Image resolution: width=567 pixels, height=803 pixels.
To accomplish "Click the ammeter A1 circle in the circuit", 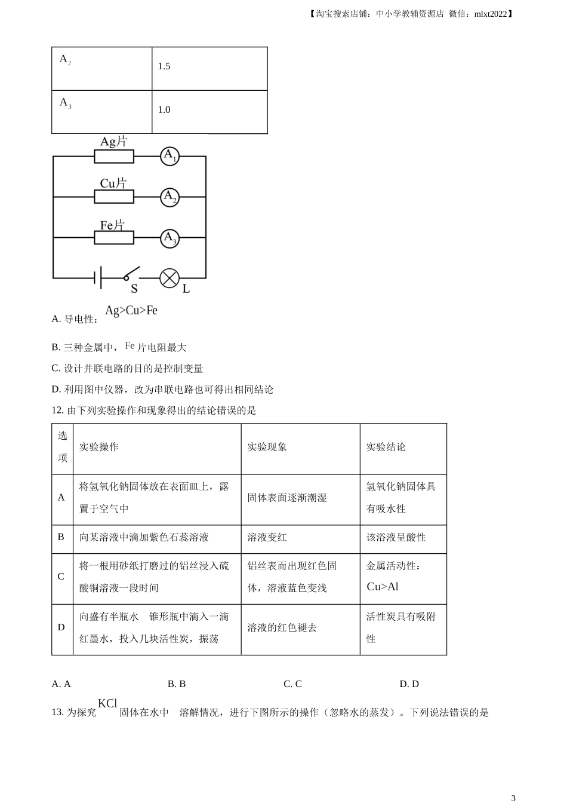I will click(x=170, y=157).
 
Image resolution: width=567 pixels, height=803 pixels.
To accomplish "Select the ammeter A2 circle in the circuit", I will click(x=170, y=197).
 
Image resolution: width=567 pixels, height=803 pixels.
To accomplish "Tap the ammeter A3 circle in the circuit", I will click(x=170, y=238).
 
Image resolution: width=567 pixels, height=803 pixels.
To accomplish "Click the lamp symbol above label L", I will click(x=170, y=278).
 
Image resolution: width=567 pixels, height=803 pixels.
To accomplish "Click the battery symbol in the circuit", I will click(x=97, y=278).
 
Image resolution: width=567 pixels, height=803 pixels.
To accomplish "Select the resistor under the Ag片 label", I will click(x=114, y=157).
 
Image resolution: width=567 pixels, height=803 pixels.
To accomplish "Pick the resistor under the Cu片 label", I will click(x=114, y=197).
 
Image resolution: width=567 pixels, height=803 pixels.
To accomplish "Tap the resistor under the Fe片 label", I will click(x=114, y=238).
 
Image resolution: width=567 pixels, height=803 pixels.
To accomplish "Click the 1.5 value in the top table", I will click(x=164, y=66).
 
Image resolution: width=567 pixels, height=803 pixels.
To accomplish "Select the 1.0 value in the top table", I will click(x=164, y=110).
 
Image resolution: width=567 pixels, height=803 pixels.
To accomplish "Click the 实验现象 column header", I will click(x=267, y=447).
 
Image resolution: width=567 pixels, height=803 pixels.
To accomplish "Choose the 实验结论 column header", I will click(x=386, y=447).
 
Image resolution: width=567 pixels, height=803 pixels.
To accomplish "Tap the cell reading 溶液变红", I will click(x=267, y=538).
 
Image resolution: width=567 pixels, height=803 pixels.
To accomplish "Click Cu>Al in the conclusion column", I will click(x=383, y=587).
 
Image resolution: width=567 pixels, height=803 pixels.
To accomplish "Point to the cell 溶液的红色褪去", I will click(x=282, y=628).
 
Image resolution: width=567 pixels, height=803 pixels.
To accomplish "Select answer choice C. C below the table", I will click(x=292, y=684).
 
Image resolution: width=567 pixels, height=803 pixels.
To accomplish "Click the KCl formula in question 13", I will click(x=107, y=704).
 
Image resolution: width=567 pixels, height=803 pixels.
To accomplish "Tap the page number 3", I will click(x=513, y=798).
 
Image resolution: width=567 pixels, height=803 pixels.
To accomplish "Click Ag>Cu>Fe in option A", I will click(x=131, y=311).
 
